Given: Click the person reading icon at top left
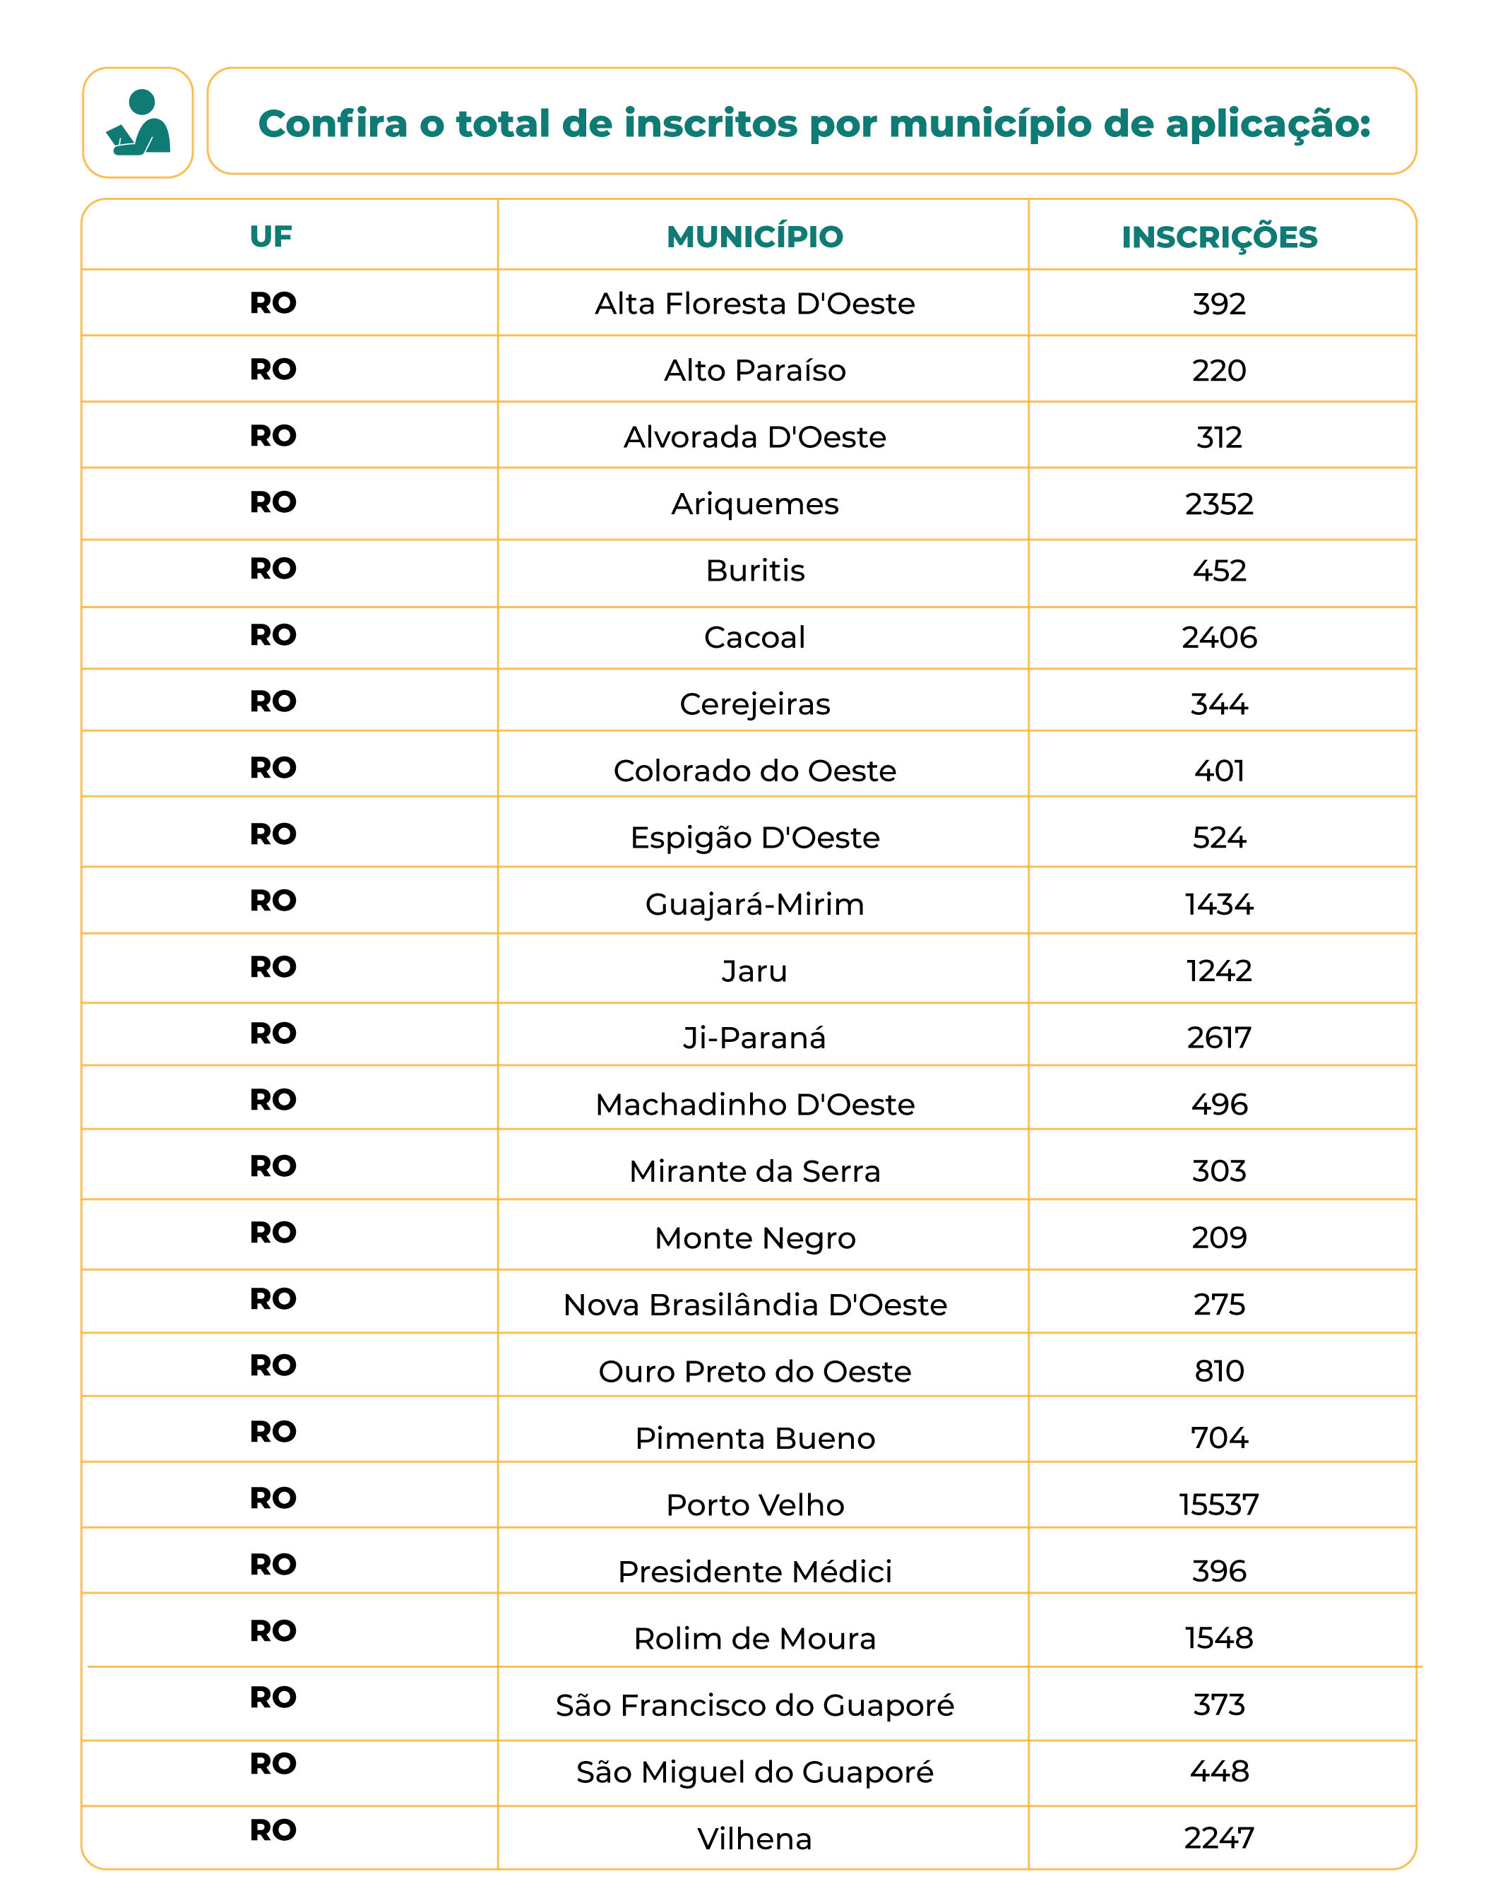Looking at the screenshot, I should click(x=138, y=123).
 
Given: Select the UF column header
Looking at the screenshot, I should click(x=271, y=236).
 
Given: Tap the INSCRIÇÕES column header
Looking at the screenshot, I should click(x=1219, y=237).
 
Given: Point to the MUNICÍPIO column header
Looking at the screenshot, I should click(x=754, y=236).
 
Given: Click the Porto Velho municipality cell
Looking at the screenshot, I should click(x=754, y=1505).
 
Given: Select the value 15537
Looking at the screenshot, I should click(x=1219, y=1505).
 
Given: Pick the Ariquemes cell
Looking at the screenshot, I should click(x=754, y=504).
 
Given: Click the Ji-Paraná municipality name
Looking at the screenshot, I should click(x=754, y=1038).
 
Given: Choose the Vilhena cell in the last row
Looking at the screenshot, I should click(x=754, y=1839).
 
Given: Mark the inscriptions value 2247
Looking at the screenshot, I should click(x=1219, y=1838).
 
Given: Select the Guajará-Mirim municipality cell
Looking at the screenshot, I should click(x=754, y=904).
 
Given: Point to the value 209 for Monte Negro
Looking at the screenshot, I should click(x=1219, y=1238).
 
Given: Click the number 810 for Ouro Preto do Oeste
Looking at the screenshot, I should click(x=1219, y=1372).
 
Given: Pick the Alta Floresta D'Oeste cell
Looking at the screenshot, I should click(x=754, y=304).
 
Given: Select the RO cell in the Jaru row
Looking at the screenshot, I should click(x=273, y=967).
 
